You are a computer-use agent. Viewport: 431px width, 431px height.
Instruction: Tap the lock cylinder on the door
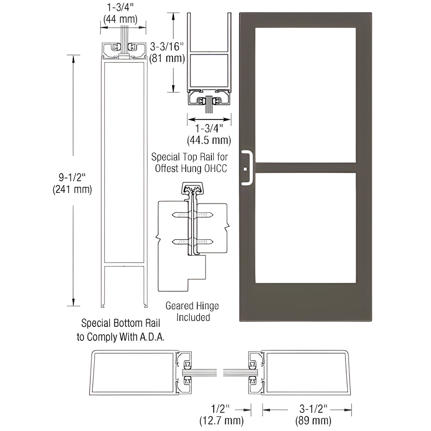coord(245,169)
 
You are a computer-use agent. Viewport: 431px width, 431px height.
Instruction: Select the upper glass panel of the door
coord(305,95)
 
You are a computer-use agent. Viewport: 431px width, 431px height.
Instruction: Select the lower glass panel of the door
coord(305,228)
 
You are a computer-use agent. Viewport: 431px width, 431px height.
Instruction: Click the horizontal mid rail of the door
coord(305,168)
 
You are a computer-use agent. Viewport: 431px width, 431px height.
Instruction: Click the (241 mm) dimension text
coord(72,189)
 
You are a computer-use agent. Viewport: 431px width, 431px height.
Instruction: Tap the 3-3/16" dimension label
coord(167,47)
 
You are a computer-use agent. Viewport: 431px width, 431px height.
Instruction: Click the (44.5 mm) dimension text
coord(209,140)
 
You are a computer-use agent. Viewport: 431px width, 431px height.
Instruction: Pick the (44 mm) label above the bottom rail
coord(121,19)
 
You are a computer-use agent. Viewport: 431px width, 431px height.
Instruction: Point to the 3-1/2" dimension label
coord(313,409)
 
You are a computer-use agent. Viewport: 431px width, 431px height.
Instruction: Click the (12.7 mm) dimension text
coord(221,421)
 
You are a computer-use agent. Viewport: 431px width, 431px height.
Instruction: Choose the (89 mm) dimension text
coord(313,421)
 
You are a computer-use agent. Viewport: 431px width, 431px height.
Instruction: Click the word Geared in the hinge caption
coord(180,306)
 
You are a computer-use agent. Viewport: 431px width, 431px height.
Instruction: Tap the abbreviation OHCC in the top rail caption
coord(215,169)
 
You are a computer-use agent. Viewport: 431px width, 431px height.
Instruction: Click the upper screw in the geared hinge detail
coord(192,215)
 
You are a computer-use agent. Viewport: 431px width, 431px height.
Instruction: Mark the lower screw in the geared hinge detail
coord(192,242)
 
